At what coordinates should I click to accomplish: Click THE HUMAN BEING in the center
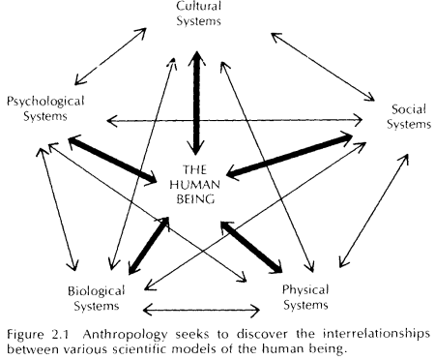point(197,184)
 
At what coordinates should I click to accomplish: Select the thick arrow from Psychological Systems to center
point(114,158)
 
